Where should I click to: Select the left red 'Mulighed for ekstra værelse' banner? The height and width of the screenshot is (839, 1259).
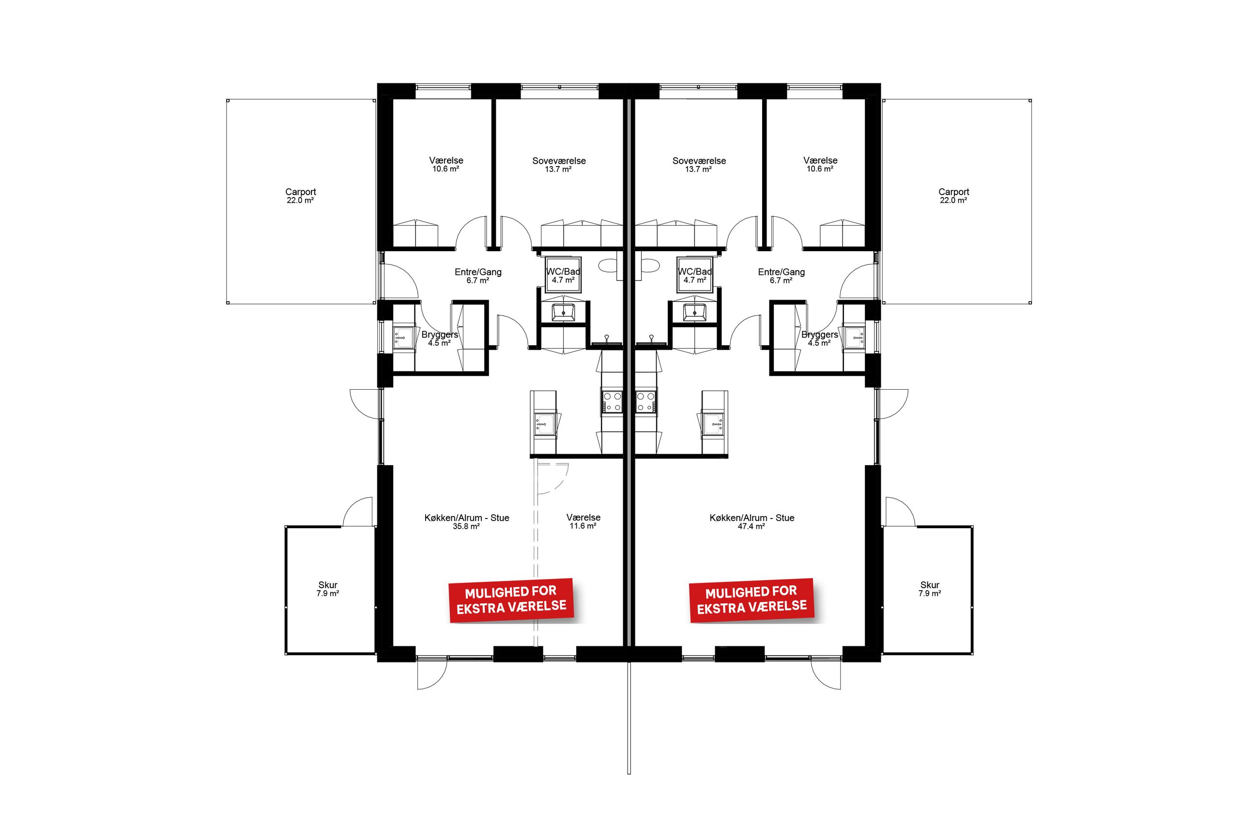(x=511, y=600)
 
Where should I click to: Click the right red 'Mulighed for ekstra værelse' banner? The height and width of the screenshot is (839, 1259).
(x=751, y=600)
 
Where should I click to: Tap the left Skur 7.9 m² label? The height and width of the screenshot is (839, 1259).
(x=327, y=589)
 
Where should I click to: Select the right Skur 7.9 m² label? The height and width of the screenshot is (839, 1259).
(x=929, y=589)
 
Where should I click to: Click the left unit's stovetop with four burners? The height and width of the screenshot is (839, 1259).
(x=612, y=401)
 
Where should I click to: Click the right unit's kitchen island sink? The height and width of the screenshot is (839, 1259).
(x=712, y=424)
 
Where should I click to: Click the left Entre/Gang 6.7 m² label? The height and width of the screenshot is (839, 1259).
(x=478, y=275)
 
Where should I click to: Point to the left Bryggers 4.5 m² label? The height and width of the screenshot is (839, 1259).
(x=439, y=338)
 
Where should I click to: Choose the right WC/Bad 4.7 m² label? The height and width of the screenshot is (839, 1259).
(x=694, y=275)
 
